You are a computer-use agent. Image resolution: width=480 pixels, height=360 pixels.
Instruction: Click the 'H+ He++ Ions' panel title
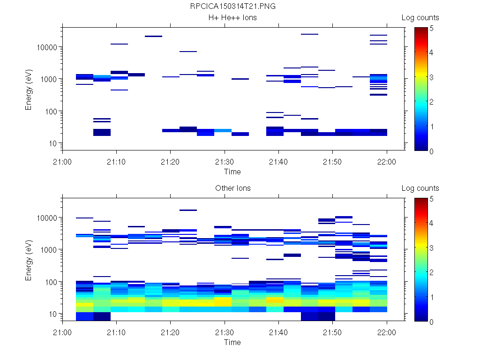coord(232,18)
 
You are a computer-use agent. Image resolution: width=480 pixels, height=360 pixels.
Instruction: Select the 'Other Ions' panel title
coord(232,188)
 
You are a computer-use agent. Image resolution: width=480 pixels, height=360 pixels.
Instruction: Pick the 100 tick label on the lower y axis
coord(50,282)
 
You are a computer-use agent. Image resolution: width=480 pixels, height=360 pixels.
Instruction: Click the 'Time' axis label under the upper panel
coord(232,172)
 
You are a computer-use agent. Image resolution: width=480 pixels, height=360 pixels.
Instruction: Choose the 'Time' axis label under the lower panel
coord(232,342)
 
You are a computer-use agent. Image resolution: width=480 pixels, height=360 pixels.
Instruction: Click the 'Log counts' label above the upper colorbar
coord(420,18)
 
